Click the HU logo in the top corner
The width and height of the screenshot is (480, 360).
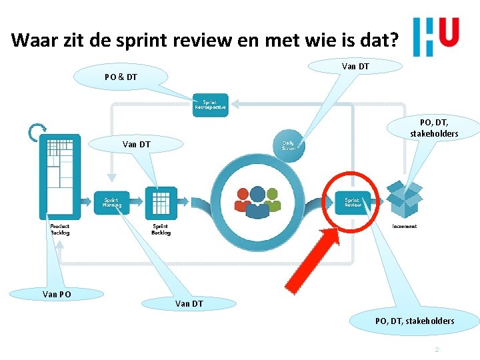point(436,36)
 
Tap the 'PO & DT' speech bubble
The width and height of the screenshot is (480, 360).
point(121,77)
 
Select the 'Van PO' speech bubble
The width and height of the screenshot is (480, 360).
point(57,293)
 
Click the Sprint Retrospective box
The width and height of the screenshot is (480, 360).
point(210,105)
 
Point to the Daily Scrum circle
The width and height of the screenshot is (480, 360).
point(289,145)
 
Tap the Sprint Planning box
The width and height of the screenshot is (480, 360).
point(112,203)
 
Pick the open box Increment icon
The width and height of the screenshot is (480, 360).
point(405,199)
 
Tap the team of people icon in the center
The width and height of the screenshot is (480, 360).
point(257,200)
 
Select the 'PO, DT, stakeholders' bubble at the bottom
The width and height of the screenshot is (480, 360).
point(415,321)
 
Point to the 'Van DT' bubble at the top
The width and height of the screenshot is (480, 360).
point(355,66)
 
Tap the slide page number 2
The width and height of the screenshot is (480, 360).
point(437,349)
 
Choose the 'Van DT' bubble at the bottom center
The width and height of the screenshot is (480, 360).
point(190,304)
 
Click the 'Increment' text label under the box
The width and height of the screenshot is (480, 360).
point(405,227)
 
